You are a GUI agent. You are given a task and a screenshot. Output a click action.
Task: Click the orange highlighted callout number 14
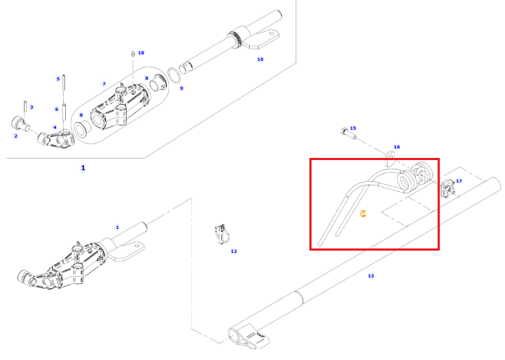363,214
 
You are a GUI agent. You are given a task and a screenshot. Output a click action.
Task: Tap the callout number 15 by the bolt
353,128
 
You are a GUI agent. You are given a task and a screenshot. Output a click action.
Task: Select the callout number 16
397,147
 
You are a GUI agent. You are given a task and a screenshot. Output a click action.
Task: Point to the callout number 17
459,181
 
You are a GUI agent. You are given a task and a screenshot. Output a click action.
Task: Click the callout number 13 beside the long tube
371,276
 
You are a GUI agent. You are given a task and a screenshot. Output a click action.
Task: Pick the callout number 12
234,251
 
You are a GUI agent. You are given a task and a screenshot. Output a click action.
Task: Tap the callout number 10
260,59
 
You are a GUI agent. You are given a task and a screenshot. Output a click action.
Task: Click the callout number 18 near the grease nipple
141,52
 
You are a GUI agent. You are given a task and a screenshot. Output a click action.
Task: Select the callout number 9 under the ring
182,88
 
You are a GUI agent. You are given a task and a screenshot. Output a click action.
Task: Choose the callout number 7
104,84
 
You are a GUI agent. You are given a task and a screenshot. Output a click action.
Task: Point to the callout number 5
58,79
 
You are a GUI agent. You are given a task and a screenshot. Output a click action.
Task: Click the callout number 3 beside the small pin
32,107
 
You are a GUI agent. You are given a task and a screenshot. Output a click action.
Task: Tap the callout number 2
16,136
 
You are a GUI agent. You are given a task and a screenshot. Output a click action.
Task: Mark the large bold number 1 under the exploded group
83,168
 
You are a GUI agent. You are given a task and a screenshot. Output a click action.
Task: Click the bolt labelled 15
348,133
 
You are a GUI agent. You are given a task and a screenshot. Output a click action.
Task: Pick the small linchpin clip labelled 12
221,234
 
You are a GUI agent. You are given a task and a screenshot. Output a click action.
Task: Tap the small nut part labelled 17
448,188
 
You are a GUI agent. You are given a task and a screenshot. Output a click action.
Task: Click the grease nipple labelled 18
132,54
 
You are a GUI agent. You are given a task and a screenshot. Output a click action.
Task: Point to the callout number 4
55,127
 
